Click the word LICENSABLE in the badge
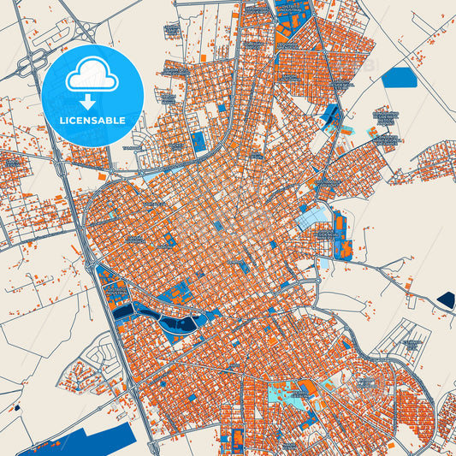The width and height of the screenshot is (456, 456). (x=92, y=120)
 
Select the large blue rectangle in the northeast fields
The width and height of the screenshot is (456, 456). (x=399, y=77)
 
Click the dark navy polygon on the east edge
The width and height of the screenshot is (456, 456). (x=445, y=299)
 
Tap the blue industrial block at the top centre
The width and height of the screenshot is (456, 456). (x=286, y=30)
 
